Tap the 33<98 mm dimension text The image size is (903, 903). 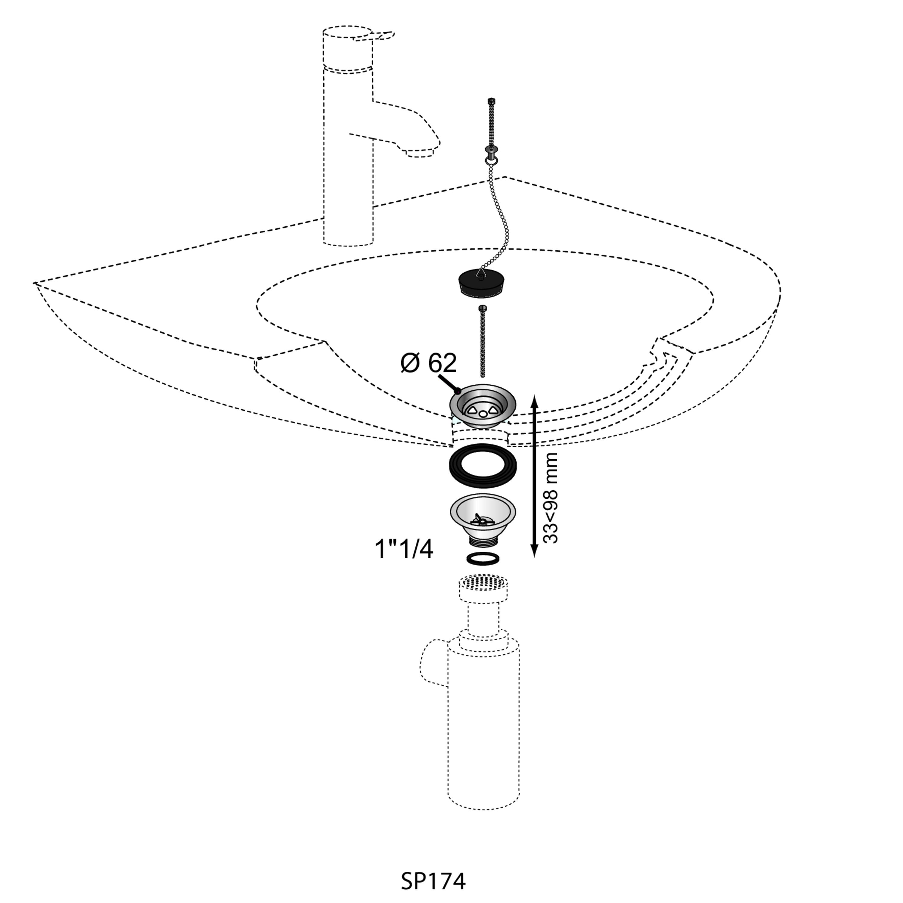click(551, 498)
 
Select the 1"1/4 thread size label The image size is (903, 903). click(404, 549)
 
